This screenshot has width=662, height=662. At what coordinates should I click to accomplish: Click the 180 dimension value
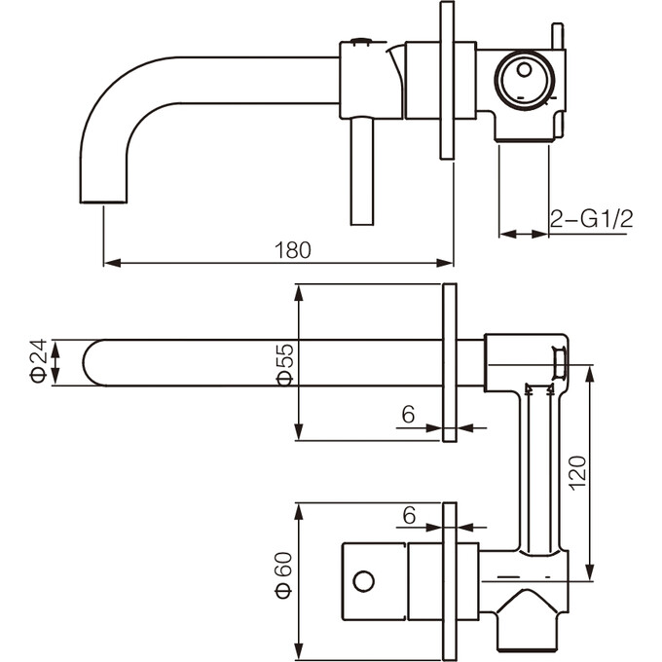point(292,249)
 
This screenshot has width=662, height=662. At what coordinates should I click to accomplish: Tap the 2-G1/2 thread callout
point(591,219)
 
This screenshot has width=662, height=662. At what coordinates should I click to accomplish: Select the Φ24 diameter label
point(38,361)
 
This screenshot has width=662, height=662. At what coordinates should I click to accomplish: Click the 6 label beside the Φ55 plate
point(409,414)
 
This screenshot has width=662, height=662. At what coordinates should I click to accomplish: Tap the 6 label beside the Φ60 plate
point(409,514)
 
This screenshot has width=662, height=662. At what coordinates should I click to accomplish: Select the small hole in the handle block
point(363,582)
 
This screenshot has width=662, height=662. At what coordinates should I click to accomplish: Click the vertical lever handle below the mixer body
point(361,170)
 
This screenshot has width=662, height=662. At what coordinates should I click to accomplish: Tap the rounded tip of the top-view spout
point(91,362)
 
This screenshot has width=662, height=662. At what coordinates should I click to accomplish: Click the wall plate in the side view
point(447,80)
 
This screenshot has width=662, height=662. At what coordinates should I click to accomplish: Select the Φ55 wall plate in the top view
point(449,362)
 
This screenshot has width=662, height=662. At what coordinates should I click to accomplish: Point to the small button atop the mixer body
point(361,40)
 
